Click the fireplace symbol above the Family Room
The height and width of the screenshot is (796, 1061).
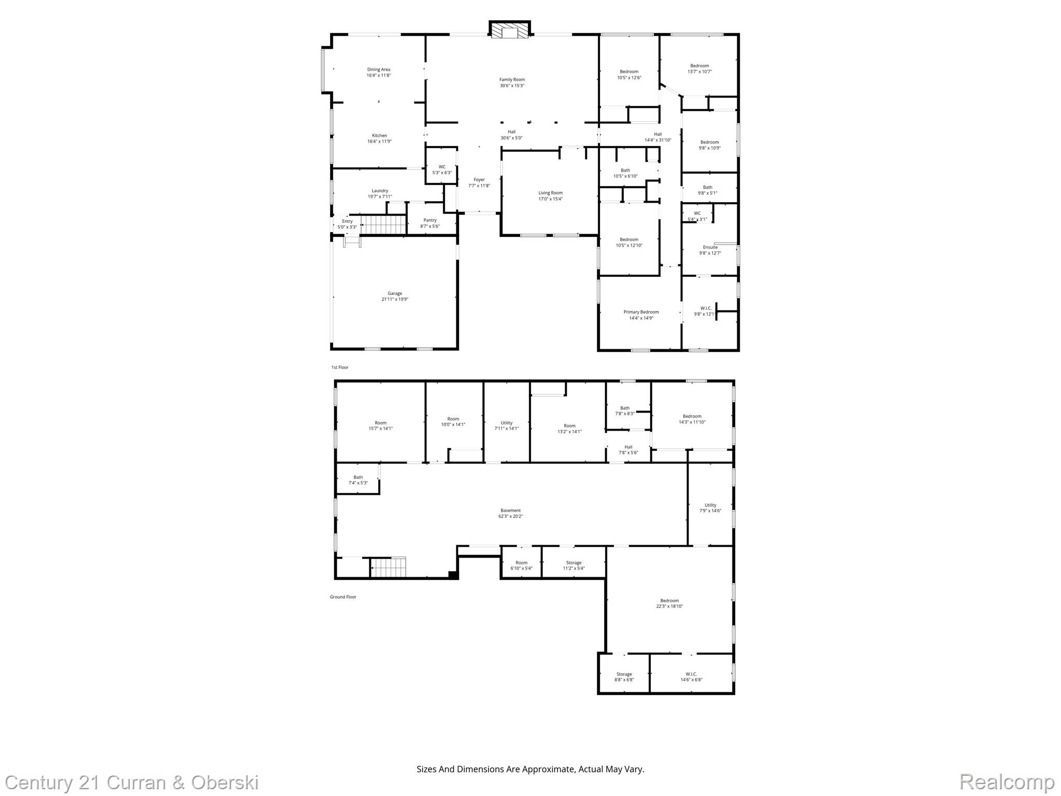coord(510,30)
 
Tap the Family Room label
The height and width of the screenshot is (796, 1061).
coord(512,82)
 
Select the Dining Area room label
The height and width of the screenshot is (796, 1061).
coord(379,72)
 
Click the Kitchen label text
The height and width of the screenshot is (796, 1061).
coord(379,138)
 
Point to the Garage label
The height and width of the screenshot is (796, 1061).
coord(395,296)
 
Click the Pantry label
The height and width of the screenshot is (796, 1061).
coord(430,223)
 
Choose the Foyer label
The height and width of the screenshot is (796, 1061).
coord(479,182)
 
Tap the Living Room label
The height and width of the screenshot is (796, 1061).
coord(550,195)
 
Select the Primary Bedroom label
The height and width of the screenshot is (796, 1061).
coord(641,315)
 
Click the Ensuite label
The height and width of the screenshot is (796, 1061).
coord(710,250)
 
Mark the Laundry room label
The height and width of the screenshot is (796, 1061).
coord(380,193)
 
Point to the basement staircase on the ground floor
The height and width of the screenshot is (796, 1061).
coord(388,567)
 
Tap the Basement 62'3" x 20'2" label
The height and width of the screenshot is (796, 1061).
coord(510,513)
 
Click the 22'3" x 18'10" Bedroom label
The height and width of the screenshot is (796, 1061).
coord(669,603)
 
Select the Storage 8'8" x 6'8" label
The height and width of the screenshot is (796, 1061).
coord(624,677)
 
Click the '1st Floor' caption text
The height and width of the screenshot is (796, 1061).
coord(340,367)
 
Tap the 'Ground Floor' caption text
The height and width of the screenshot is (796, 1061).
coord(343,597)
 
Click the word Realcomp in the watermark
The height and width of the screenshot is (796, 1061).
coord(1007,782)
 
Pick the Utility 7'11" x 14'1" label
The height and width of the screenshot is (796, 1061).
coord(507,425)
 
